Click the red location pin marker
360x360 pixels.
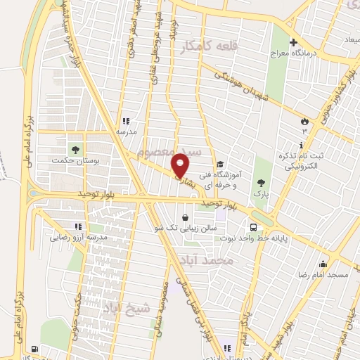tap(181, 165)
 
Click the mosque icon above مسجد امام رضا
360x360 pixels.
tap(323, 264)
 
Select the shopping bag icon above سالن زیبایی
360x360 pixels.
tap(184, 217)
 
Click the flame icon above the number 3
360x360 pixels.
tap(304, 120)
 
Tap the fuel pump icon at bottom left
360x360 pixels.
tap(34, 349)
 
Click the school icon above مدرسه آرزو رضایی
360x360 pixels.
tap(78, 226)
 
